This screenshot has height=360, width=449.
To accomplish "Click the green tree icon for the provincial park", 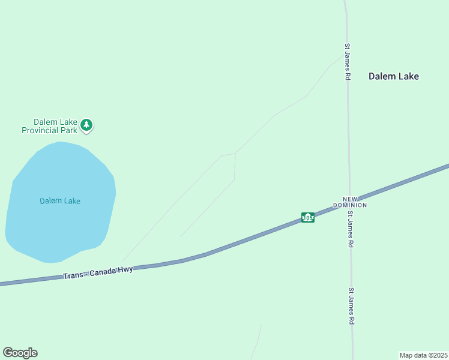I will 87,125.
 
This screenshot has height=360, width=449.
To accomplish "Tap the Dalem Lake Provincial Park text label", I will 50,126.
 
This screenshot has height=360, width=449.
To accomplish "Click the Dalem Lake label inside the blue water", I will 60,201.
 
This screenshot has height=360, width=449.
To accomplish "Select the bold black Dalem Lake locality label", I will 393,76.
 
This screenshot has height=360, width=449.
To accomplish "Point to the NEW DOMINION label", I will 354,202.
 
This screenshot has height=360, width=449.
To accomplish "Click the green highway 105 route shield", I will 308,217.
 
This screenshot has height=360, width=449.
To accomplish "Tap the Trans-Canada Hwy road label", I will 98,272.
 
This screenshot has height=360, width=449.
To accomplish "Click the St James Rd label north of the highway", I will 347,61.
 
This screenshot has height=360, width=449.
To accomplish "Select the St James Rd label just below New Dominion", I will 351,229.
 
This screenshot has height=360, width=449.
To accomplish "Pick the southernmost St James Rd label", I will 352,306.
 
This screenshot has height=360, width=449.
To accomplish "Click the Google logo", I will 20,353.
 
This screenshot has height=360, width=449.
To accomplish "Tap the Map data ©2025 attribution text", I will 424,355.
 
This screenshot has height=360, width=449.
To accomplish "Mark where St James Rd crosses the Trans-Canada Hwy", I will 350,202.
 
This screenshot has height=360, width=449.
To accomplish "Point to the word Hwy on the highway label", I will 125,269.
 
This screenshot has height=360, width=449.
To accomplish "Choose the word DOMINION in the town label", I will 354,205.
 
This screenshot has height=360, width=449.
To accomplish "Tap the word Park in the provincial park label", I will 69,130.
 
